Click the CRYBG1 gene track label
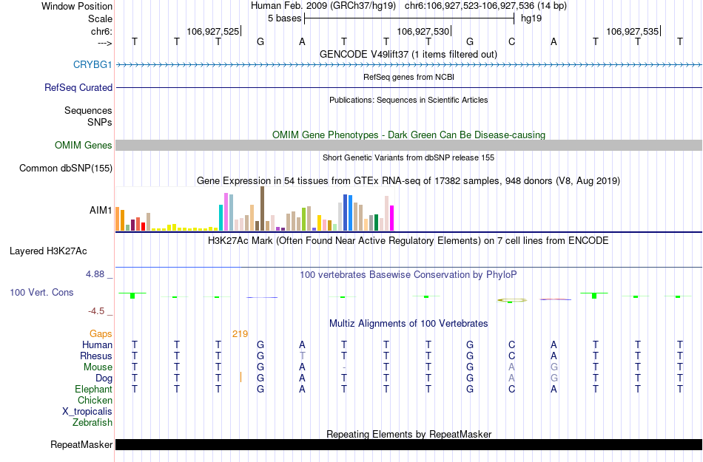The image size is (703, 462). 92,64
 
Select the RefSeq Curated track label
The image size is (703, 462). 78,87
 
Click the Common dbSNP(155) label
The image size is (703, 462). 65,169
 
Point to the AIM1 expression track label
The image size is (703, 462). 101,211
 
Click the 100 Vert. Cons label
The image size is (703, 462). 41,293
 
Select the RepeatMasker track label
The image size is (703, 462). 81,445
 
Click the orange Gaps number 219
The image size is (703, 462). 240,334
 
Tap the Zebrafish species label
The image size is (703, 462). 92,423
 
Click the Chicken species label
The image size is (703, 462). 95,401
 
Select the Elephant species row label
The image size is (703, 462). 93,390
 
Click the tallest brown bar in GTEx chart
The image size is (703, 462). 262,209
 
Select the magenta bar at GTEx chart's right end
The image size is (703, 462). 392,218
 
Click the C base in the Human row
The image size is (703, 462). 511,344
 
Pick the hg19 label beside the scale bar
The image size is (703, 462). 531,18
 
